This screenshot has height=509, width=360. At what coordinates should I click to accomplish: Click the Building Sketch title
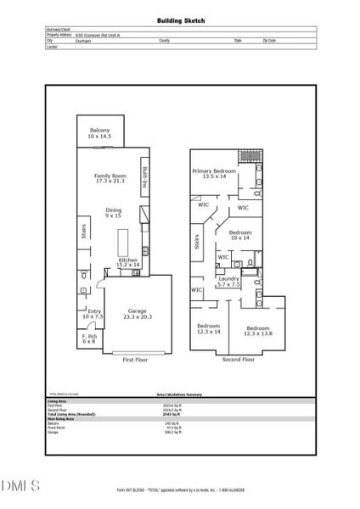pos(180,20)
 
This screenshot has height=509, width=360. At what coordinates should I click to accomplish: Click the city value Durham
pos(83,40)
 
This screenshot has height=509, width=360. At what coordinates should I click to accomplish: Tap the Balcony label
pos(100,132)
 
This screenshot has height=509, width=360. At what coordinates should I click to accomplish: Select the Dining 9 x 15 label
pos(113,212)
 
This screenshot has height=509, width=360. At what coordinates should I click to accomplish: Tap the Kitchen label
pos(127,262)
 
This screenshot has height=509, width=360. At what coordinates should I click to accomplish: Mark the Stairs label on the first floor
pos(84,231)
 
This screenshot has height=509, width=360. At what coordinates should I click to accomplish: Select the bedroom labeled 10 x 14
pos(240,235)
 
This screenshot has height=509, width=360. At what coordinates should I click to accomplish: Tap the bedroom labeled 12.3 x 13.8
pos(258,330)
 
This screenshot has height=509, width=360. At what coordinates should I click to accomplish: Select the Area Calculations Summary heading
pos(180,394)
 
